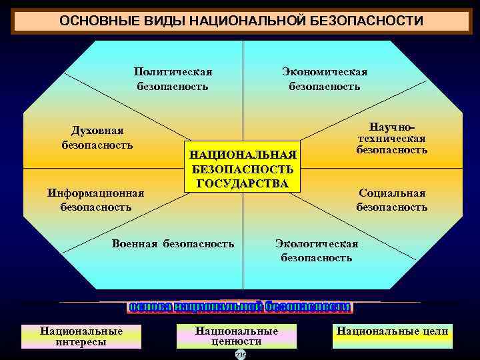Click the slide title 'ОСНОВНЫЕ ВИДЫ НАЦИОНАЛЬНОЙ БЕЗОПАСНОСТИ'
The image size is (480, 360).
[x=241, y=21]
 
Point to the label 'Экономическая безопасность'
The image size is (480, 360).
[x=325, y=79]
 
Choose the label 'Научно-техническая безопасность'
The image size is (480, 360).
[x=391, y=138]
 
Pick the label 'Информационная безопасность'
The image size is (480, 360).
[x=96, y=200]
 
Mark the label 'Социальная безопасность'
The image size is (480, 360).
[x=391, y=200]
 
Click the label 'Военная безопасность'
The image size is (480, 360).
[x=173, y=243]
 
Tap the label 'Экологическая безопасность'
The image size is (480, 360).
[x=317, y=251]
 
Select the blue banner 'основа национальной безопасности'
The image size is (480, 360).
[x=239, y=307]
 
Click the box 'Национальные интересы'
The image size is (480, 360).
[x=81, y=336]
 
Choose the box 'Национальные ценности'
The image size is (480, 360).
[x=236, y=336]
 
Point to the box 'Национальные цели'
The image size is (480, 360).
[x=392, y=331]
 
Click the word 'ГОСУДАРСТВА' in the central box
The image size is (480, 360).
[x=241, y=183]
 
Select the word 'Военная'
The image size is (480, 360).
[x=136, y=243]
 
